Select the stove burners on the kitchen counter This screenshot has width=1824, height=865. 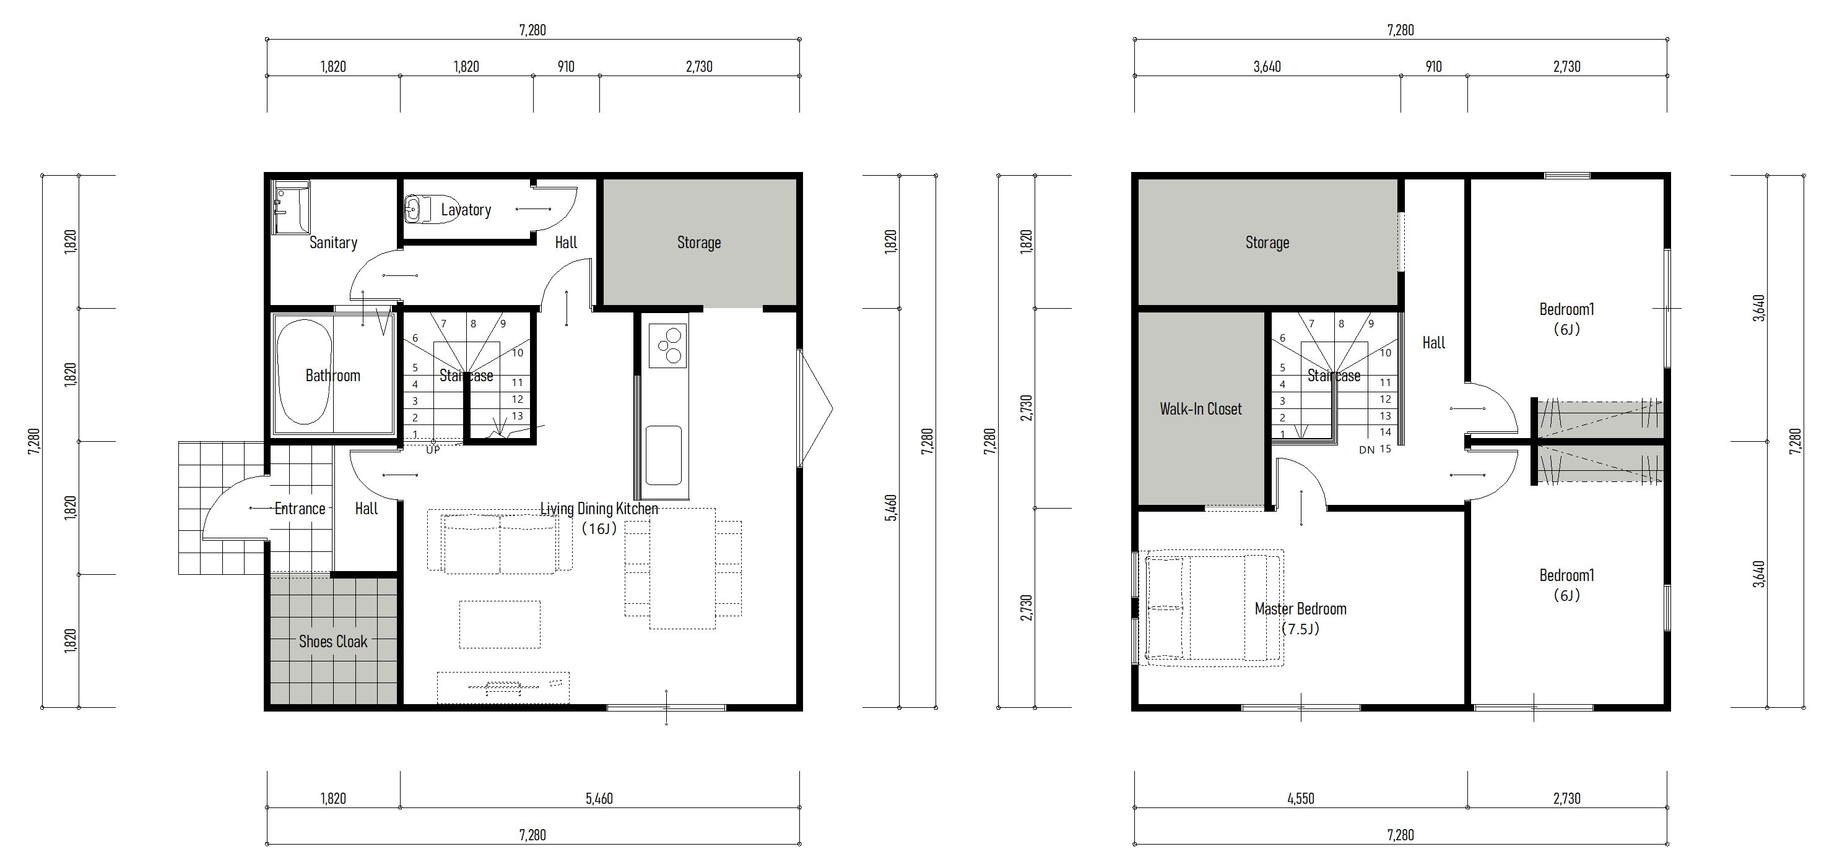(x=667, y=345)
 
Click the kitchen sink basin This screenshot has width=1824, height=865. (x=664, y=455)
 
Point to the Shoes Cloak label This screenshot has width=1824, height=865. (x=333, y=641)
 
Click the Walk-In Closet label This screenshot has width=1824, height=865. (x=1201, y=408)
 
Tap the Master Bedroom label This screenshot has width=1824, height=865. (x=1301, y=609)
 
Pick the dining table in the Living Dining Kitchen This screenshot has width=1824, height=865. (x=682, y=569)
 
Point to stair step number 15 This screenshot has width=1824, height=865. (x=1385, y=449)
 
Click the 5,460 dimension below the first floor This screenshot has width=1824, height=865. (x=599, y=798)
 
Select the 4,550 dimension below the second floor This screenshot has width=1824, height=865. (x=1301, y=798)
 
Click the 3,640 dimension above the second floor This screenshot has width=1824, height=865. (x=1267, y=67)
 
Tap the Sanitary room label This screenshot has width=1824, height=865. (x=333, y=243)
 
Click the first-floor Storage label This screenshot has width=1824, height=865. (x=699, y=243)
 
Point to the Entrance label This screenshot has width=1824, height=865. (x=300, y=508)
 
